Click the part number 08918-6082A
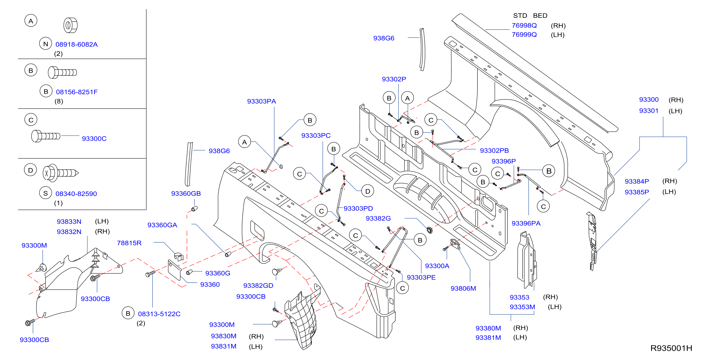coord(77,44)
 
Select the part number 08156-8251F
coord(77,92)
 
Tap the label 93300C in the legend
coord(94,139)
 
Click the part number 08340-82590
coord(76,194)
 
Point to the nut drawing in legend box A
coord(70,25)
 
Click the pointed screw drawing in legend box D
coord(60,173)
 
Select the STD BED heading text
coord(530,16)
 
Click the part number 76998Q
coord(524,25)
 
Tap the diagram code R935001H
coord(671,348)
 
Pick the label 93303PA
coord(262,101)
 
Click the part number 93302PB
coord(494,151)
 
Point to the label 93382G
coord(378,218)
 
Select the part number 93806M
coord(463,288)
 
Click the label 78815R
coord(129,243)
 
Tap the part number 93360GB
coord(186,193)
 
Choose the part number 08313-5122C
coord(159,314)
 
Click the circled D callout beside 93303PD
coord(368,191)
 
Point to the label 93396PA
coord(526,223)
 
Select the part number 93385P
coord(637,192)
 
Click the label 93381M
coord(488,338)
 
